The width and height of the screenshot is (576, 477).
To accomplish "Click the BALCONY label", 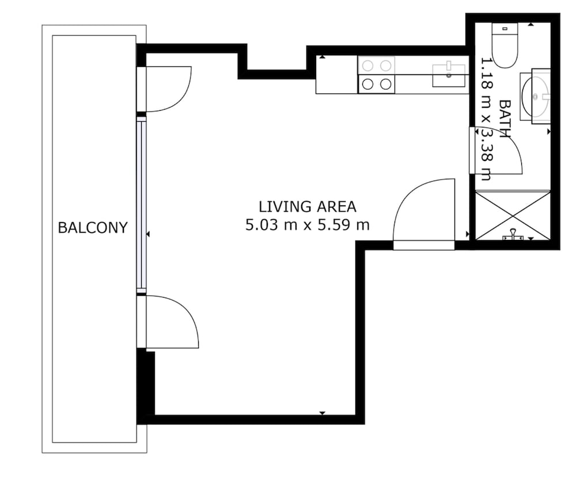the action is pos(93,228).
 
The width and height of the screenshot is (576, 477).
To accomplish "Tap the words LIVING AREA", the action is pos(308,206).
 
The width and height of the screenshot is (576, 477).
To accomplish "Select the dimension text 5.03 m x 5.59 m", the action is pos(308,225).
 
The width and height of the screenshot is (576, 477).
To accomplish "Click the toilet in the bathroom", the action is pos(505,45).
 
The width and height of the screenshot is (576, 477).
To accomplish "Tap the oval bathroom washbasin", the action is pos(535,97).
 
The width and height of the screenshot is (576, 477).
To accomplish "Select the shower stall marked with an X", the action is pos(513,215).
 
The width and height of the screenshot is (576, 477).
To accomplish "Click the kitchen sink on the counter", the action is pos(449,76).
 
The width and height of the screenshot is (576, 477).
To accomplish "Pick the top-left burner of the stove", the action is pos(367,66).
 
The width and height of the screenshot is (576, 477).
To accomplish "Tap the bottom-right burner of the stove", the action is pos(385,84).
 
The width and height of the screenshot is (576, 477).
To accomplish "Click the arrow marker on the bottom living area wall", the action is pos(322,413).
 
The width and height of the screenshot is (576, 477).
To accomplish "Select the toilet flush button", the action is pos(505,28).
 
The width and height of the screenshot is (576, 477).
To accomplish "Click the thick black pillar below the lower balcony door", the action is pos(146,386).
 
